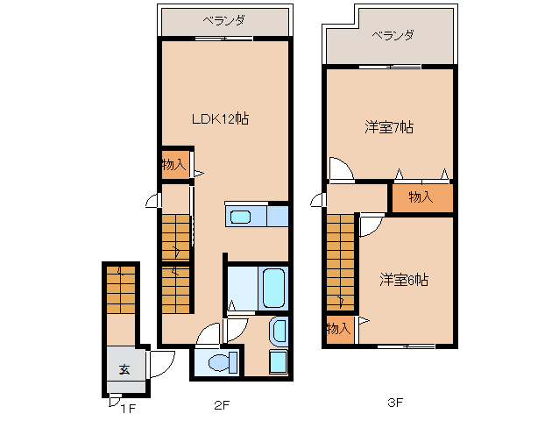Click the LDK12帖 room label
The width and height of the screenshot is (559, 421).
click(220, 118)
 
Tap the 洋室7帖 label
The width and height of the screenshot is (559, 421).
click(389, 128)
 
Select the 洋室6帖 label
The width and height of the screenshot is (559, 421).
click(404, 281)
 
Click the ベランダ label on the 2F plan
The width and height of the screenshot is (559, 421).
click(223, 19)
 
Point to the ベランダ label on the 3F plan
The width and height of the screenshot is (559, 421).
click(392, 36)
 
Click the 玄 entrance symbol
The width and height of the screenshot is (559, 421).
click(124, 369)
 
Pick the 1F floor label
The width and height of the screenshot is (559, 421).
click(128, 407)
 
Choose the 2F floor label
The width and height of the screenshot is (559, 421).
click(221, 405)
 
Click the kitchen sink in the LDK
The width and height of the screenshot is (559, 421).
click(240, 217)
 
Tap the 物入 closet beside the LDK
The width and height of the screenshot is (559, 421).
click(173, 165)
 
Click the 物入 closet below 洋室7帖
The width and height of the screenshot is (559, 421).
click(421, 197)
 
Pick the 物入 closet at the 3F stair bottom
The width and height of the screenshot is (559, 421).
click(337, 329)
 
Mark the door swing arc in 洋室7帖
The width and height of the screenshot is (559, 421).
click(340, 168)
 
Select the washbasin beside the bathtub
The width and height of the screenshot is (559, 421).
click(279, 332)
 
